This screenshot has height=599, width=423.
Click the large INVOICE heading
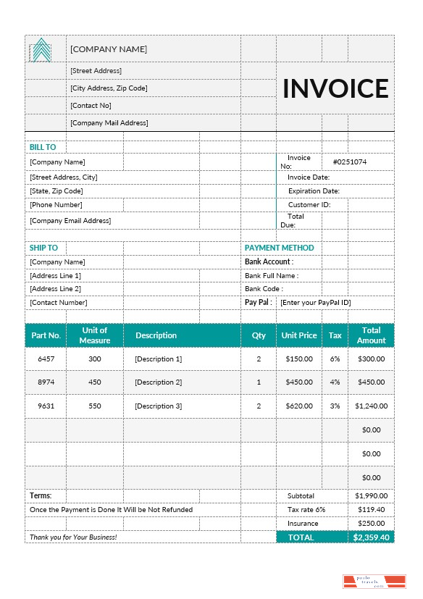pos(335,88)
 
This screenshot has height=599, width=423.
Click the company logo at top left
pos(41,50)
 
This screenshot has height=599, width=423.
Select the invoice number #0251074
pos(349,162)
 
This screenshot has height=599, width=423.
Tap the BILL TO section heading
pos(43,147)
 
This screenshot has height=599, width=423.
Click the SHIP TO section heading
pos(43,248)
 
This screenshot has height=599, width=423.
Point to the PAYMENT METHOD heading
pos(279,248)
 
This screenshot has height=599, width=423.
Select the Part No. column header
pos(46,335)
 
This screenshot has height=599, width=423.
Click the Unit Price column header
pos(298,335)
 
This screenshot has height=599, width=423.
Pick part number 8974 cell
pos(46,382)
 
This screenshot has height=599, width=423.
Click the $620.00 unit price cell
pos(298,406)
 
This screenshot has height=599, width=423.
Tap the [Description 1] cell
pos(158,359)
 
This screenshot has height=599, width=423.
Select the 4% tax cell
pos(335,382)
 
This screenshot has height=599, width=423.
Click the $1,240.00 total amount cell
pos(371,406)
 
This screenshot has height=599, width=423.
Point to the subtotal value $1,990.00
pos(371,496)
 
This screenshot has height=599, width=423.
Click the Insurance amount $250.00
pos(371,524)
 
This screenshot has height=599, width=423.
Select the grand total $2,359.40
pos(371,537)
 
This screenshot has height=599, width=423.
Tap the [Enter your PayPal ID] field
pos(315,302)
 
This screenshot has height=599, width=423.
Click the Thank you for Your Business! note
pos(73,537)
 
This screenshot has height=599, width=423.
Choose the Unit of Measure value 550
pos(95,406)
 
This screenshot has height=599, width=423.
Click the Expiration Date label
pos(314,191)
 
